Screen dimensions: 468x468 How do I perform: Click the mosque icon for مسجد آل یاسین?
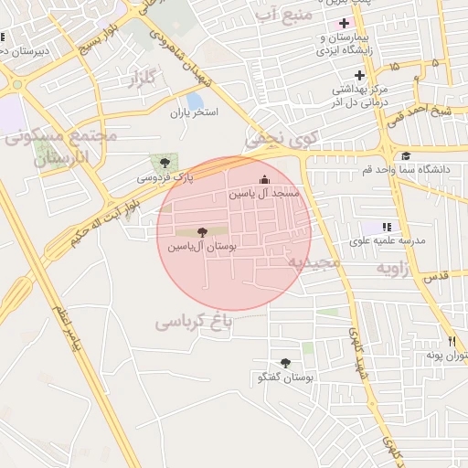tap(265, 179)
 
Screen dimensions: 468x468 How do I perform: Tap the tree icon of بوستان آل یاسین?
tap(202, 232)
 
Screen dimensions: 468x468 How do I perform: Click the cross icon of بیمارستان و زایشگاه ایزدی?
tap(344, 23)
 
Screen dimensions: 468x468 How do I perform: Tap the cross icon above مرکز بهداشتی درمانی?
tap(360, 75)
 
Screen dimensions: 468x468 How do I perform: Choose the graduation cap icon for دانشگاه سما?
tap(405, 156)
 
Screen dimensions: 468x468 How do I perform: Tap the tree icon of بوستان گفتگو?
tap(286, 363)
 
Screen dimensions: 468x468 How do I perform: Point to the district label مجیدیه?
tap(314, 262)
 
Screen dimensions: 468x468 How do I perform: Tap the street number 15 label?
tap(394, 67)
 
